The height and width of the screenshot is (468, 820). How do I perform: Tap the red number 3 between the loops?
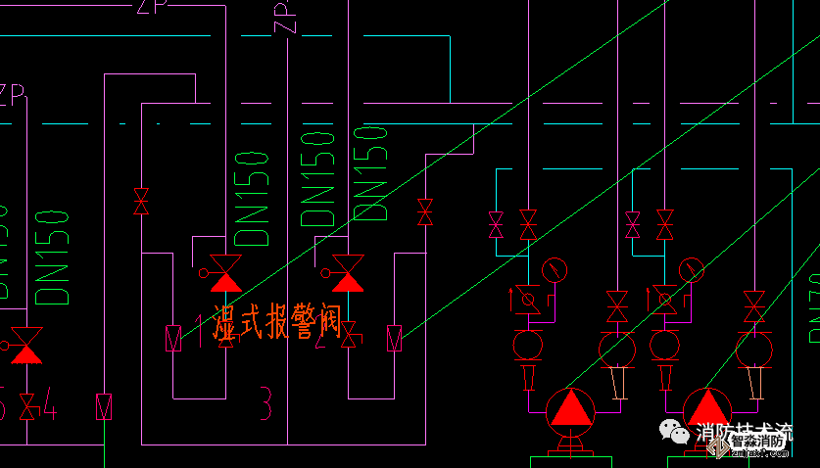[265, 402]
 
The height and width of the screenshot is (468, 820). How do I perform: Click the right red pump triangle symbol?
[704, 408]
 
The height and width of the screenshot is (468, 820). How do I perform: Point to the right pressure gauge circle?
[691, 268]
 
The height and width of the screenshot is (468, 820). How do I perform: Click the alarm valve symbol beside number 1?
[225, 271]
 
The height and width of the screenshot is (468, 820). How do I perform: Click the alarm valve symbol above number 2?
[347, 271]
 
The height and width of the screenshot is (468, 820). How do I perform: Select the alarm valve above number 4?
[26, 344]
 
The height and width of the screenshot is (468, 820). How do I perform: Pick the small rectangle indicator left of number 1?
[173, 337]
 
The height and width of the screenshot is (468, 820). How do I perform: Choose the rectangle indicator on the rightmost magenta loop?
[395, 337]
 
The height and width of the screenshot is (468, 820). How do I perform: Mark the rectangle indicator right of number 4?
[103, 406]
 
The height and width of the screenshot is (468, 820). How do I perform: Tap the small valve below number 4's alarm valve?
[26, 405]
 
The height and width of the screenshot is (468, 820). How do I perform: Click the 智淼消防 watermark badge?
[758, 443]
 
